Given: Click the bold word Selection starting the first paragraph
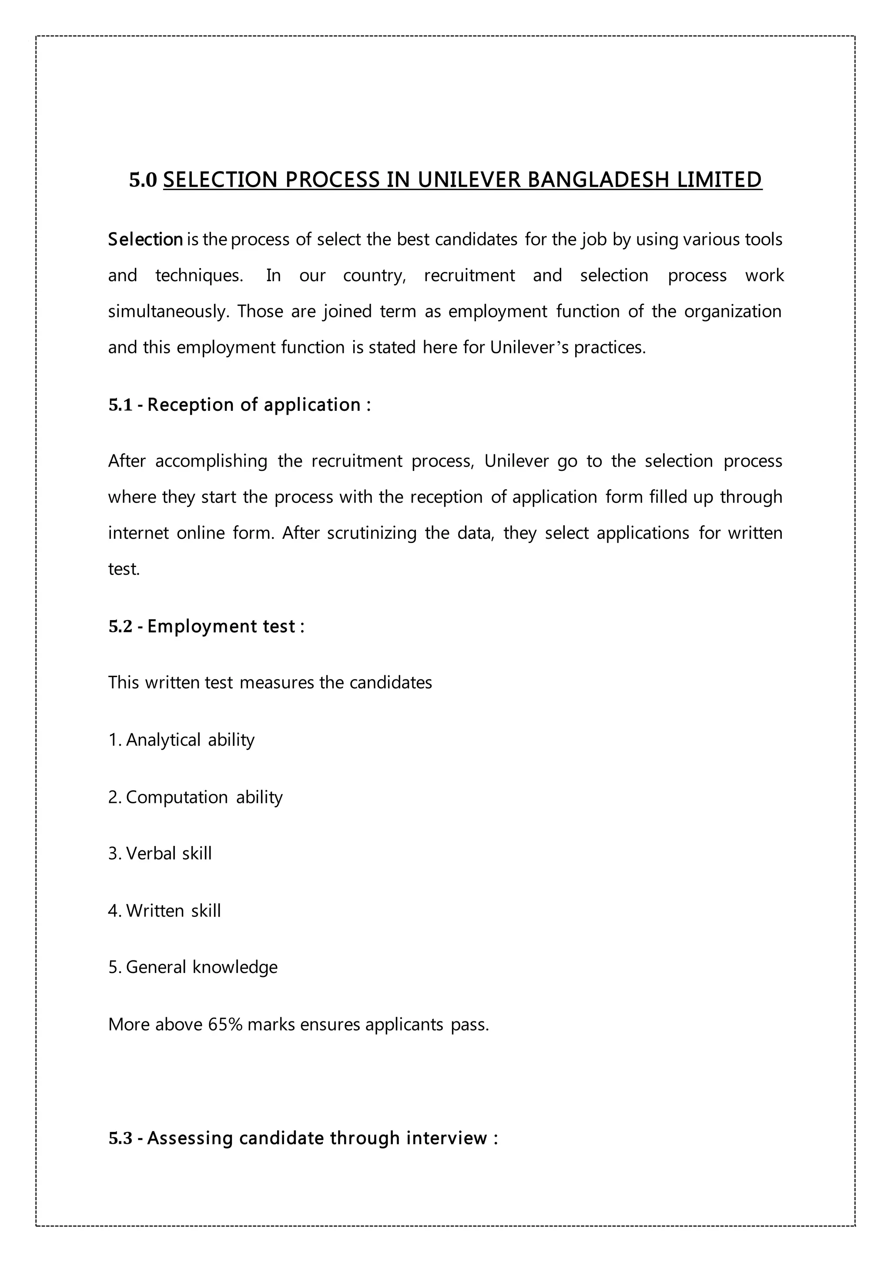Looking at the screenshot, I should point(145,240).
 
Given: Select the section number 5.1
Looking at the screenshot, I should point(121,405).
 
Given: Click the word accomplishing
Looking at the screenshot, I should point(211,460).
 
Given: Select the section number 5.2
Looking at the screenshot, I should point(121,627).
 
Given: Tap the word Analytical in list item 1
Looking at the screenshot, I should point(163,740).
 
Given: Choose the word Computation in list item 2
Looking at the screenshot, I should point(177,797).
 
